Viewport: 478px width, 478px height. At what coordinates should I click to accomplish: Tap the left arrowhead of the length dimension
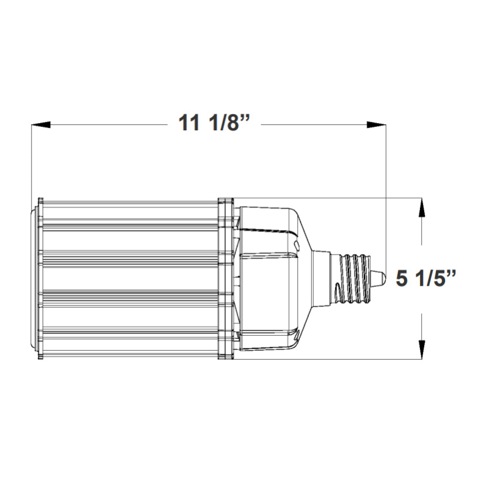39,125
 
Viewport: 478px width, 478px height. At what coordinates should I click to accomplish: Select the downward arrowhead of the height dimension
422,349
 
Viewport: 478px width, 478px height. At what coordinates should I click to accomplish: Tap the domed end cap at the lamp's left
33,278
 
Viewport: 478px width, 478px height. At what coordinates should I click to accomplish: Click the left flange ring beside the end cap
39,278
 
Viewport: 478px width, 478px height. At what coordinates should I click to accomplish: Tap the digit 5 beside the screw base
403,278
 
